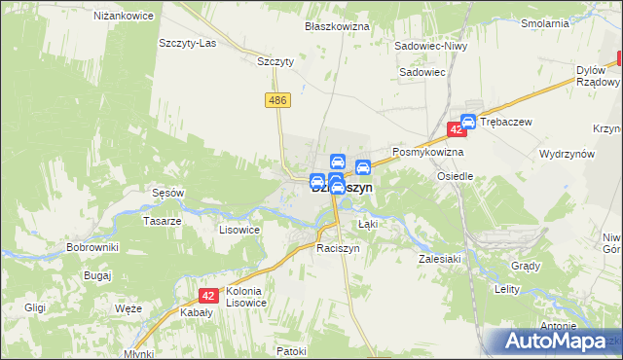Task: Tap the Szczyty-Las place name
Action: [x=187, y=44]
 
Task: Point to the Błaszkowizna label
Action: [x=337, y=26]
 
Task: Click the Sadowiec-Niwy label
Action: [x=432, y=46]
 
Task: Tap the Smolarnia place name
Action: [x=571, y=22]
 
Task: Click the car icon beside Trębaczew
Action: [x=468, y=122]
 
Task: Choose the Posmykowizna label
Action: [x=427, y=153]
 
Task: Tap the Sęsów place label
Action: [x=167, y=193]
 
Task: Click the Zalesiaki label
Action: [x=439, y=260]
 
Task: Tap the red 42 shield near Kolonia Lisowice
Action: [x=207, y=296]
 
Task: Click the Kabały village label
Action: [x=198, y=313]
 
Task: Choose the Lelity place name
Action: [x=508, y=290]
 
